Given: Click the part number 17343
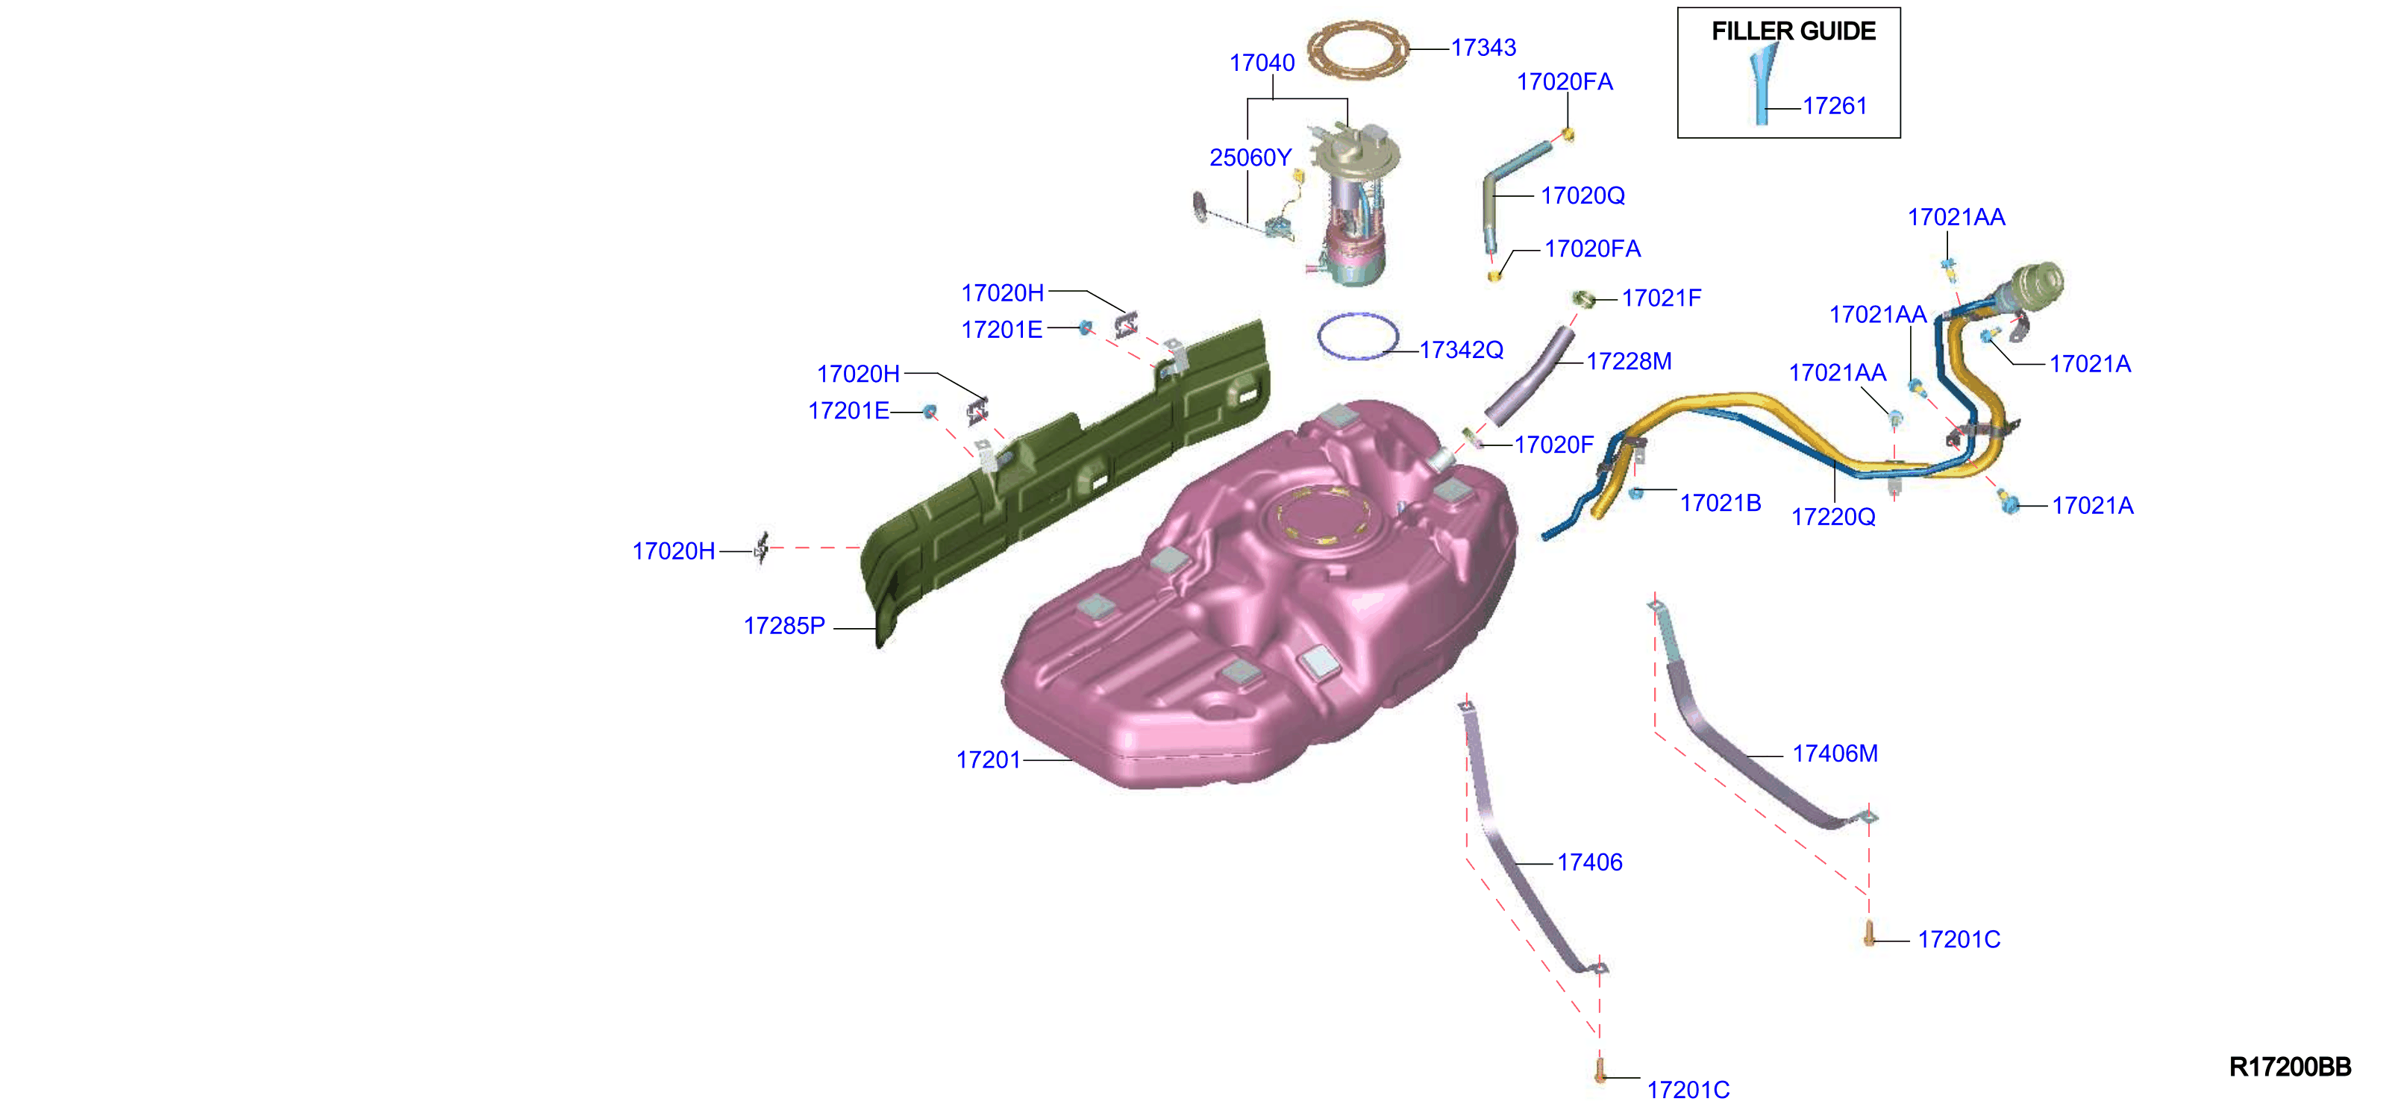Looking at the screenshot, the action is (x=1483, y=48).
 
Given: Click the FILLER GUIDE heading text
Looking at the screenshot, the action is (x=1793, y=31).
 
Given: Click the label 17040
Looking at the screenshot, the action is (x=1262, y=63).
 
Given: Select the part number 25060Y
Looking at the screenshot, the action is (x=1250, y=158).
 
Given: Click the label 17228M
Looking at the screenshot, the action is (x=1628, y=361).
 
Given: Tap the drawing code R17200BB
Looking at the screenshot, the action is (x=2289, y=1067).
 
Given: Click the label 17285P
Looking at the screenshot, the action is (x=784, y=626).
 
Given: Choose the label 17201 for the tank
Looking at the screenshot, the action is (x=989, y=759).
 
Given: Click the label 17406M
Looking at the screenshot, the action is (x=1835, y=753).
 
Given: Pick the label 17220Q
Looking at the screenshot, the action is (x=1833, y=517).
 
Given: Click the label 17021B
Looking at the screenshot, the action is (x=1721, y=503).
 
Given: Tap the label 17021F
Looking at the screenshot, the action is (x=1661, y=298).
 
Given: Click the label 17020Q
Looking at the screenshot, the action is (x=1583, y=195).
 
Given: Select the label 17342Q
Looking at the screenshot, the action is (x=1461, y=350).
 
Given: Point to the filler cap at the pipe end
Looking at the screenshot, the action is (x=2037, y=284).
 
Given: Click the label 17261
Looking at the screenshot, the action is (x=1835, y=106).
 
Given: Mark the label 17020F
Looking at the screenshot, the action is (x=1553, y=445).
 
